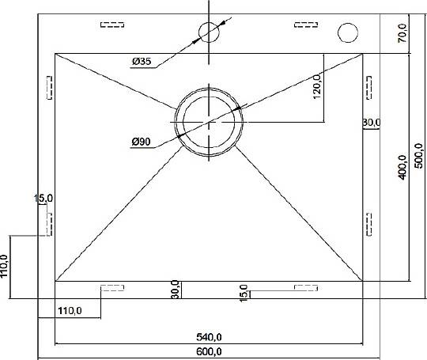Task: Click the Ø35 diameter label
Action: tap(142, 61)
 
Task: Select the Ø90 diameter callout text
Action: tap(141, 142)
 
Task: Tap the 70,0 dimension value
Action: tap(402, 33)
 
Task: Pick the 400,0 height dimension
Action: tap(402, 167)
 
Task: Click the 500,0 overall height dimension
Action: tap(418, 156)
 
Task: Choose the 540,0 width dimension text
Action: tap(209, 337)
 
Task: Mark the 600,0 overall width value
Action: tap(209, 352)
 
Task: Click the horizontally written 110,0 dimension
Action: tap(70, 311)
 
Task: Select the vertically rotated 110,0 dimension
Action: tap(5, 267)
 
